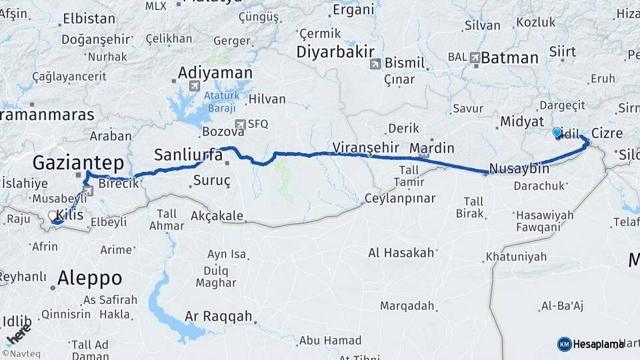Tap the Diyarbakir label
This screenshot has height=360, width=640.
[x=336, y=52]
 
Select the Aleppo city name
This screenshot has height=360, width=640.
[x=90, y=277]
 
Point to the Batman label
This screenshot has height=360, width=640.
[x=509, y=58]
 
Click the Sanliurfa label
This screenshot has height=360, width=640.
[x=188, y=155]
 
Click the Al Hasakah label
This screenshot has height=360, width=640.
[x=401, y=253]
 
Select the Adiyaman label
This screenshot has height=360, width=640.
[x=215, y=73]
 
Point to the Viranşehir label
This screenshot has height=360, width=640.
[x=366, y=147]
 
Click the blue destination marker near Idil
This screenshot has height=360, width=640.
[x=557, y=133]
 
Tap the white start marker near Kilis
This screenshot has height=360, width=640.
[x=53, y=216]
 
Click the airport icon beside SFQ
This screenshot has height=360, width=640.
[x=240, y=124]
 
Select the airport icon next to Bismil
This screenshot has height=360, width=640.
[x=375, y=64]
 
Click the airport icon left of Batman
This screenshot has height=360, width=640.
[x=474, y=58]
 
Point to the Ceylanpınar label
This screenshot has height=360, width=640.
[x=400, y=198]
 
